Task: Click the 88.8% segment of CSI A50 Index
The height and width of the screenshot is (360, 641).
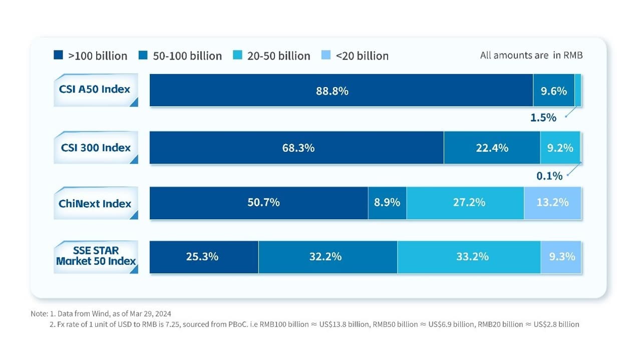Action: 341,91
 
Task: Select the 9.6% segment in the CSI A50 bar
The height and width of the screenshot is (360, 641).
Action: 553,91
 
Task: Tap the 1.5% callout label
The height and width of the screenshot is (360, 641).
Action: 543,118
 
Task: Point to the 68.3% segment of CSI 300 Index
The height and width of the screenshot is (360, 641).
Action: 296,148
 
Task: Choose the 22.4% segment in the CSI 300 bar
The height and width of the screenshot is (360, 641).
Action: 492,148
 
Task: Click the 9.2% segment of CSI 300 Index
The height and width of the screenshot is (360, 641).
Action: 560,148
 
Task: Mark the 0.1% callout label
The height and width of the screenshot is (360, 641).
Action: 549,176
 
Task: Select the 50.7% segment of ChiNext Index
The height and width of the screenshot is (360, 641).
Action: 259,203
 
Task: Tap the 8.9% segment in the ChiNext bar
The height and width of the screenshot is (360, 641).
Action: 387,203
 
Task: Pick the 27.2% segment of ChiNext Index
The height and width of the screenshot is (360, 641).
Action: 465,203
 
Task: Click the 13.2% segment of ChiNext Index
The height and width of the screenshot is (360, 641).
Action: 552,203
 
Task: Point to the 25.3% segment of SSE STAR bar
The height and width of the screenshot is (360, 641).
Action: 204,257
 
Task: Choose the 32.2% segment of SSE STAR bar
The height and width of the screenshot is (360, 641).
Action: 328,257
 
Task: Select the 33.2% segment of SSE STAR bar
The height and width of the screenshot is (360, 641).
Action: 469,257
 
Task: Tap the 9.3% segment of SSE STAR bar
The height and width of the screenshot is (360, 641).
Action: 561,257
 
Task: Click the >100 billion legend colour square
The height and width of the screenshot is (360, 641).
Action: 58,55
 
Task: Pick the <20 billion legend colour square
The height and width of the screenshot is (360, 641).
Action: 326,55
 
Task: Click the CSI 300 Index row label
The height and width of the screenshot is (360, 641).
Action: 96,148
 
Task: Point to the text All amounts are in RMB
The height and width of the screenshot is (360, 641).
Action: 531,56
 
